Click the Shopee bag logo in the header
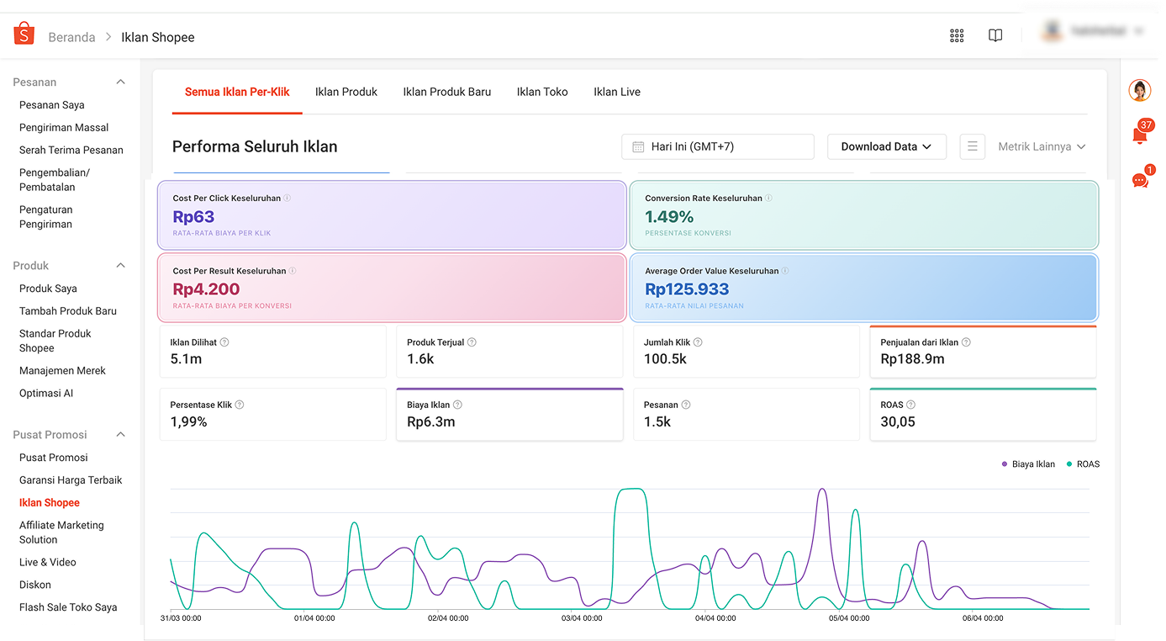coord(24,34)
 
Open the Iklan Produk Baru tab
coord(446,92)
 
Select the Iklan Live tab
coord(616,92)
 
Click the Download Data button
coord(886,146)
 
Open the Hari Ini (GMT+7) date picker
coord(717,146)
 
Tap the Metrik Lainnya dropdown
coord(1042,146)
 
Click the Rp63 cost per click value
coord(193,217)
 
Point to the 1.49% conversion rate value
coord(669,217)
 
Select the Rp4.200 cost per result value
coord(206,289)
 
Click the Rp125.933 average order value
coord(687,289)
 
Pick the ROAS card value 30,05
coord(898,421)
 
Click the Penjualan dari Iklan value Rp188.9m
coord(912,358)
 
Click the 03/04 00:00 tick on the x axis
coord(583,618)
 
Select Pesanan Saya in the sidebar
coord(51,105)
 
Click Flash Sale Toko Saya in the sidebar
coord(68,607)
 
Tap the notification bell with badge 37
coord(1140,135)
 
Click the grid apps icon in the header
coord(957,35)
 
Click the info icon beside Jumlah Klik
coord(698,342)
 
